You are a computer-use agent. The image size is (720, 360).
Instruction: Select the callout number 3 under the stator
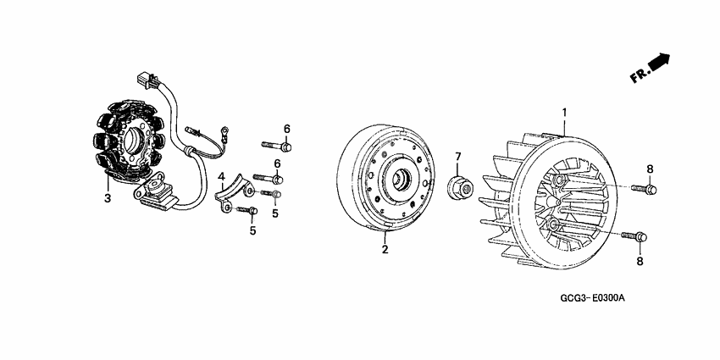pyautogui.click(x=108, y=198)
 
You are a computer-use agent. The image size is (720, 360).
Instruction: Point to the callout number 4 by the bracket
pyautogui.click(x=221, y=178)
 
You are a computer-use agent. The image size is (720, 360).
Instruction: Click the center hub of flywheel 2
pyautogui.click(x=397, y=180)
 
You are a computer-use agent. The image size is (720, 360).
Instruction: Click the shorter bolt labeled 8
pyautogui.click(x=645, y=187)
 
